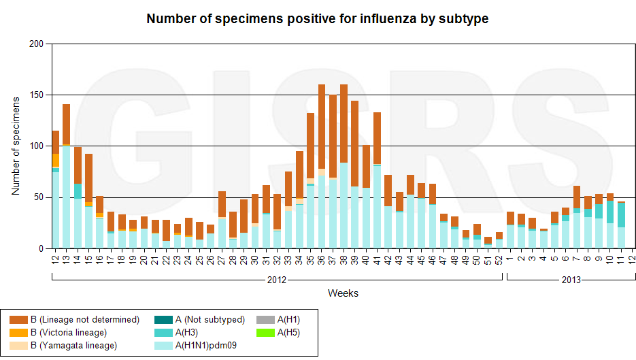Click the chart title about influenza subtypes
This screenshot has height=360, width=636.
(x=318, y=18)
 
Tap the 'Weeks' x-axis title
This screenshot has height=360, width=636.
(x=343, y=293)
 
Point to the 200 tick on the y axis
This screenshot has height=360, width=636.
(x=36, y=44)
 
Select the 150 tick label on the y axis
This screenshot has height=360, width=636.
(x=36, y=95)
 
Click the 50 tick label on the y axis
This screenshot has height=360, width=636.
(x=39, y=197)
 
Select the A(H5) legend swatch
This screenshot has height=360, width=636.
(x=265, y=332)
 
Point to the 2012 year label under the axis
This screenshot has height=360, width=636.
(x=276, y=280)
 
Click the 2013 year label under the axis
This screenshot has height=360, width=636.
(x=571, y=280)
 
